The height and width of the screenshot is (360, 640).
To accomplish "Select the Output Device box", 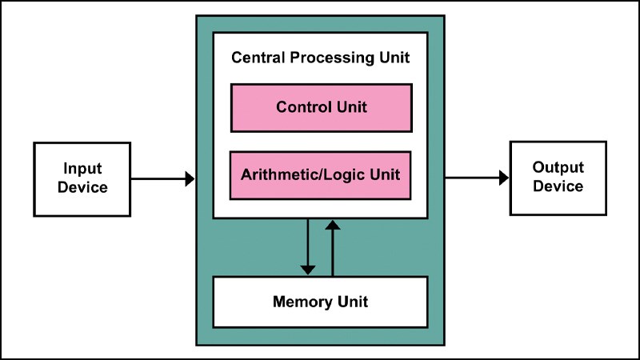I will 558,177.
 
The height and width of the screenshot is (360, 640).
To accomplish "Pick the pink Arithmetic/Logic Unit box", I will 321,174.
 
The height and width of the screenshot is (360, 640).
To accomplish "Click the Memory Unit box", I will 320,302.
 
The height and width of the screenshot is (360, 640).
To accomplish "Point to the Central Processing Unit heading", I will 320,58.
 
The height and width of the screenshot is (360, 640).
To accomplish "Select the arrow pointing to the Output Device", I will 477,177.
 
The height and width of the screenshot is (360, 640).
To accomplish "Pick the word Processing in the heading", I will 323,58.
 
